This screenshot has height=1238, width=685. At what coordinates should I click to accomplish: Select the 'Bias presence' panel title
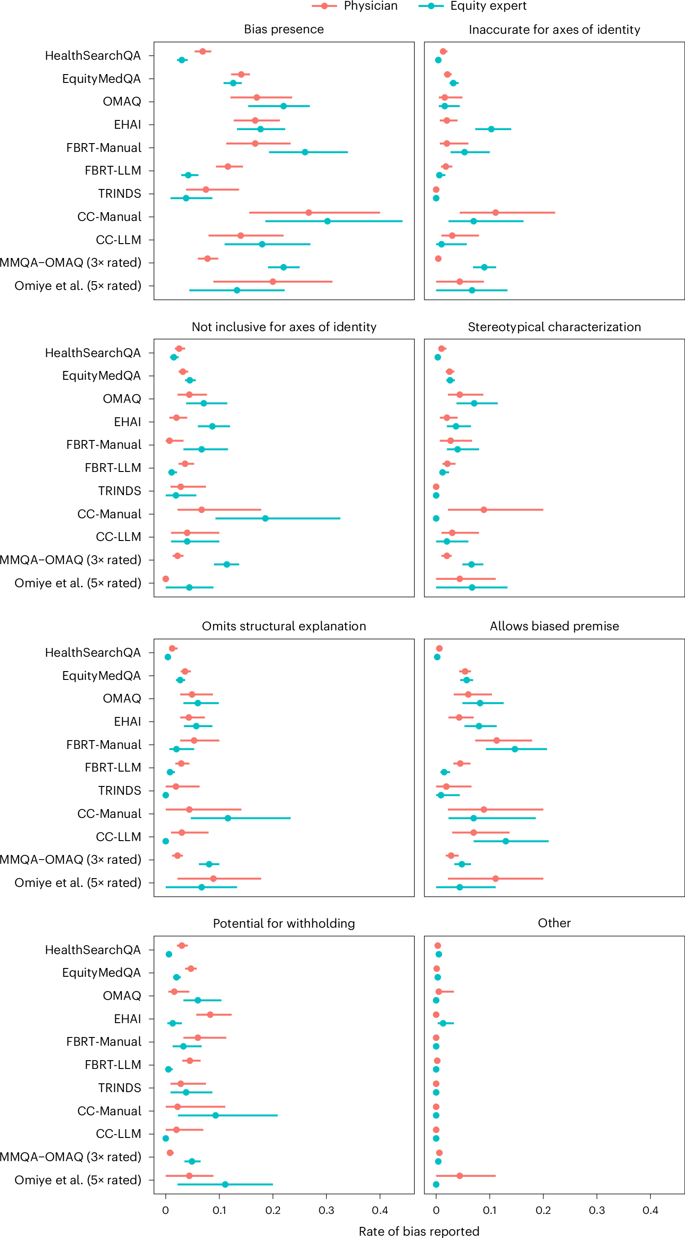(x=283, y=29)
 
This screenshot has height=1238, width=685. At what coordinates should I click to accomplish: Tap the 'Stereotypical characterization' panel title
(x=554, y=327)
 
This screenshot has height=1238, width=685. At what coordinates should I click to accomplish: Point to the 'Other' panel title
(x=554, y=923)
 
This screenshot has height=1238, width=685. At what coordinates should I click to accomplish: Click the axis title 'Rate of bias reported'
(x=419, y=1231)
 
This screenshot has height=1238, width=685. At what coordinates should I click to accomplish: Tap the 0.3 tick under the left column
(x=326, y=1210)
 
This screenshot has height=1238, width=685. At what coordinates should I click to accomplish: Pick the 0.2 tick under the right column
(x=543, y=1210)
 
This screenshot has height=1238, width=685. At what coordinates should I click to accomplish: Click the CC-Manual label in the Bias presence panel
(x=109, y=217)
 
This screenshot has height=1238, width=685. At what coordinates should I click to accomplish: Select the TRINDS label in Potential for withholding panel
(x=119, y=1087)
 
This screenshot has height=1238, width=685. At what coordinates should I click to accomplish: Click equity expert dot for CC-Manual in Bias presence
(x=327, y=221)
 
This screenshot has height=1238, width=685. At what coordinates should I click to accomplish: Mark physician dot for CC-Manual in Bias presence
(x=308, y=213)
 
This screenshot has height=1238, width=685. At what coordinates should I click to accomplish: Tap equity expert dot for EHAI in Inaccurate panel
(x=491, y=129)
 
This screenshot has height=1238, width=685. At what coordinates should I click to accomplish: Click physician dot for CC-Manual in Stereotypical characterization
(x=483, y=509)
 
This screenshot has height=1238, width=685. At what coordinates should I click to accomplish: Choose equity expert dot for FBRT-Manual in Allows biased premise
(x=515, y=749)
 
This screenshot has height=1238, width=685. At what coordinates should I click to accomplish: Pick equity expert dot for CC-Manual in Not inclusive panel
(x=265, y=518)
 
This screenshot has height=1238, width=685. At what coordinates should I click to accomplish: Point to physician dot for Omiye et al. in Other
(x=459, y=1175)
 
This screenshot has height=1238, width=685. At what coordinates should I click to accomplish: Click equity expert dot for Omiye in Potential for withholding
(x=225, y=1184)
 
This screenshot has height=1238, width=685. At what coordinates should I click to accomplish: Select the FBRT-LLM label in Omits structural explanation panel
(x=112, y=767)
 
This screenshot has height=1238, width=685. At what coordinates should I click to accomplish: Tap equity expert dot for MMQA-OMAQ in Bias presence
(x=283, y=267)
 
